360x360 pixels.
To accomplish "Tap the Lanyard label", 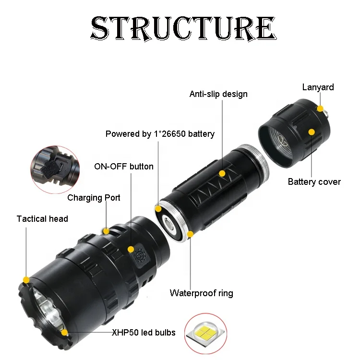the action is pyautogui.click(x=318, y=87).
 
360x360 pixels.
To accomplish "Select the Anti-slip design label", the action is pyautogui.click(x=218, y=94).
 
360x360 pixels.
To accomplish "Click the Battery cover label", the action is pyautogui.click(x=314, y=182).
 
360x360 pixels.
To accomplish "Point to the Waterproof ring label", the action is pyautogui.click(x=202, y=293).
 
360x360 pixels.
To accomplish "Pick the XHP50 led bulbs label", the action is pyautogui.click(x=144, y=332).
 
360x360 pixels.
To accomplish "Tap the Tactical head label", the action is pyautogui.click(x=42, y=219).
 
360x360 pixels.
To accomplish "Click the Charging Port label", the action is pyautogui.click(x=94, y=198).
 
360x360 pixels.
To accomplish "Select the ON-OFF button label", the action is pyautogui.click(x=124, y=167).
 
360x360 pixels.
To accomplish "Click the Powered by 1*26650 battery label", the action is pyautogui.click(x=160, y=134).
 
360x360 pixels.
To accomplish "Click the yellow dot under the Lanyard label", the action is pyautogui.click(x=320, y=109).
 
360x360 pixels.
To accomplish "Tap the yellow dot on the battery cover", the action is pyautogui.click(x=312, y=132).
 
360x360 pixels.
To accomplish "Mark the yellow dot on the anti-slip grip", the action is pyautogui.click(x=222, y=173).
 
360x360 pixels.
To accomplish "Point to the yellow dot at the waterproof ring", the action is pyautogui.click(x=191, y=234).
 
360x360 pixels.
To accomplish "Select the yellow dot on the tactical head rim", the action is pyautogui.click(x=26, y=279).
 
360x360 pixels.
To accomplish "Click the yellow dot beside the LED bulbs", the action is pyautogui.click(x=64, y=331).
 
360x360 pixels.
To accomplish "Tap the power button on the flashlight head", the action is pyautogui.click(x=141, y=254).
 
